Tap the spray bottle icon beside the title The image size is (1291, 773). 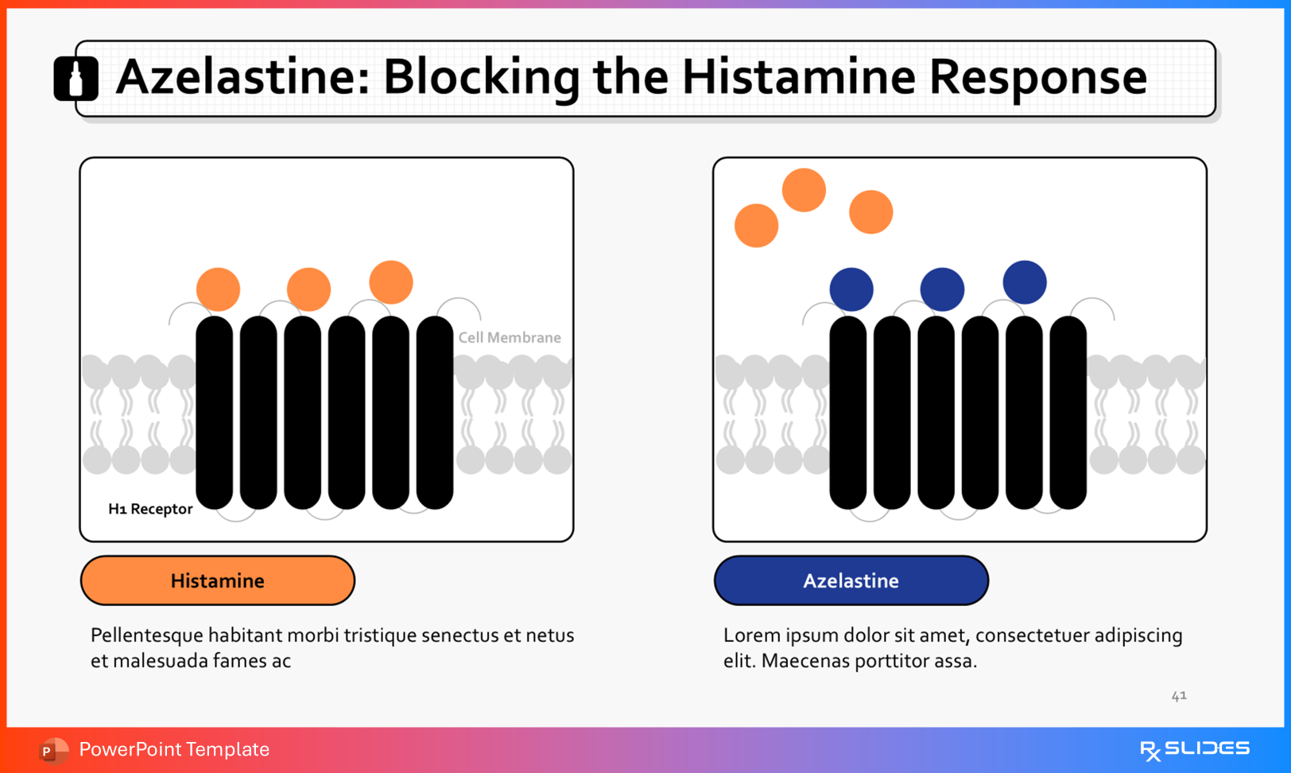tap(76, 79)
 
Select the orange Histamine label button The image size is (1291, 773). tap(217, 581)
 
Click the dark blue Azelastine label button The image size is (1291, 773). tap(851, 581)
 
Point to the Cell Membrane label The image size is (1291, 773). tap(510, 337)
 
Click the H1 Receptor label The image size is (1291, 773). tap(150, 509)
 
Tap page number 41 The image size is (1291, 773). tap(1179, 696)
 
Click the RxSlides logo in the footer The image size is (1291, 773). tap(1195, 749)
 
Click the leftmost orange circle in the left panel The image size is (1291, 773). tap(219, 289)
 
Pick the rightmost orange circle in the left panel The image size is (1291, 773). tap(391, 282)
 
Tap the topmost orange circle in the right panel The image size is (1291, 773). tap(804, 190)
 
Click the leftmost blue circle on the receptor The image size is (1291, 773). tap(851, 289)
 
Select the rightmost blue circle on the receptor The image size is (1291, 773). tap(1025, 282)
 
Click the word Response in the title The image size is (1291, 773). tap(1037, 77)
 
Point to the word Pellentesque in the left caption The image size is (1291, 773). tap(146, 635)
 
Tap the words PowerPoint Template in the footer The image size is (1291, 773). tap(174, 749)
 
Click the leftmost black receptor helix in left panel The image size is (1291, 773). tap(215, 412)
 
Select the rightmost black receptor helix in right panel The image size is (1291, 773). tap(1068, 412)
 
